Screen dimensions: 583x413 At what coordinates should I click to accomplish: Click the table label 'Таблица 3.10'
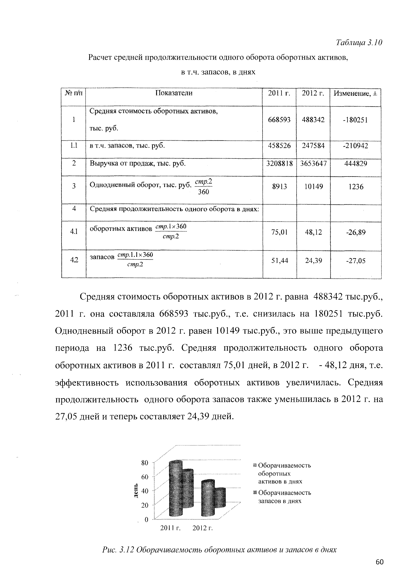(x=359, y=42)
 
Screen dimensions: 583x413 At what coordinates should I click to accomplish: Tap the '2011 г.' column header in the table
(x=279, y=93)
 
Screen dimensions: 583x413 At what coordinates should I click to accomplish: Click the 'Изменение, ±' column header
(x=356, y=94)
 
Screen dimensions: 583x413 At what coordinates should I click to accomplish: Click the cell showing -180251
(x=356, y=120)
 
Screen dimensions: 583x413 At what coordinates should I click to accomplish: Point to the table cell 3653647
(x=313, y=163)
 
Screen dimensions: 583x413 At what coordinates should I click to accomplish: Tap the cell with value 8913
(x=279, y=187)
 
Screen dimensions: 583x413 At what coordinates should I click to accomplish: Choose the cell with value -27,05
(x=356, y=261)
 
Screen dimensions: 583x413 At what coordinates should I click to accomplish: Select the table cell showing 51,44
(x=279, y=260)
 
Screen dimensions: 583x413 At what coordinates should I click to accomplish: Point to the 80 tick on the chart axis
(x=145, y=463)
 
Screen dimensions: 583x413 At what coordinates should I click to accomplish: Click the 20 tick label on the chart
(x=145, y=505)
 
